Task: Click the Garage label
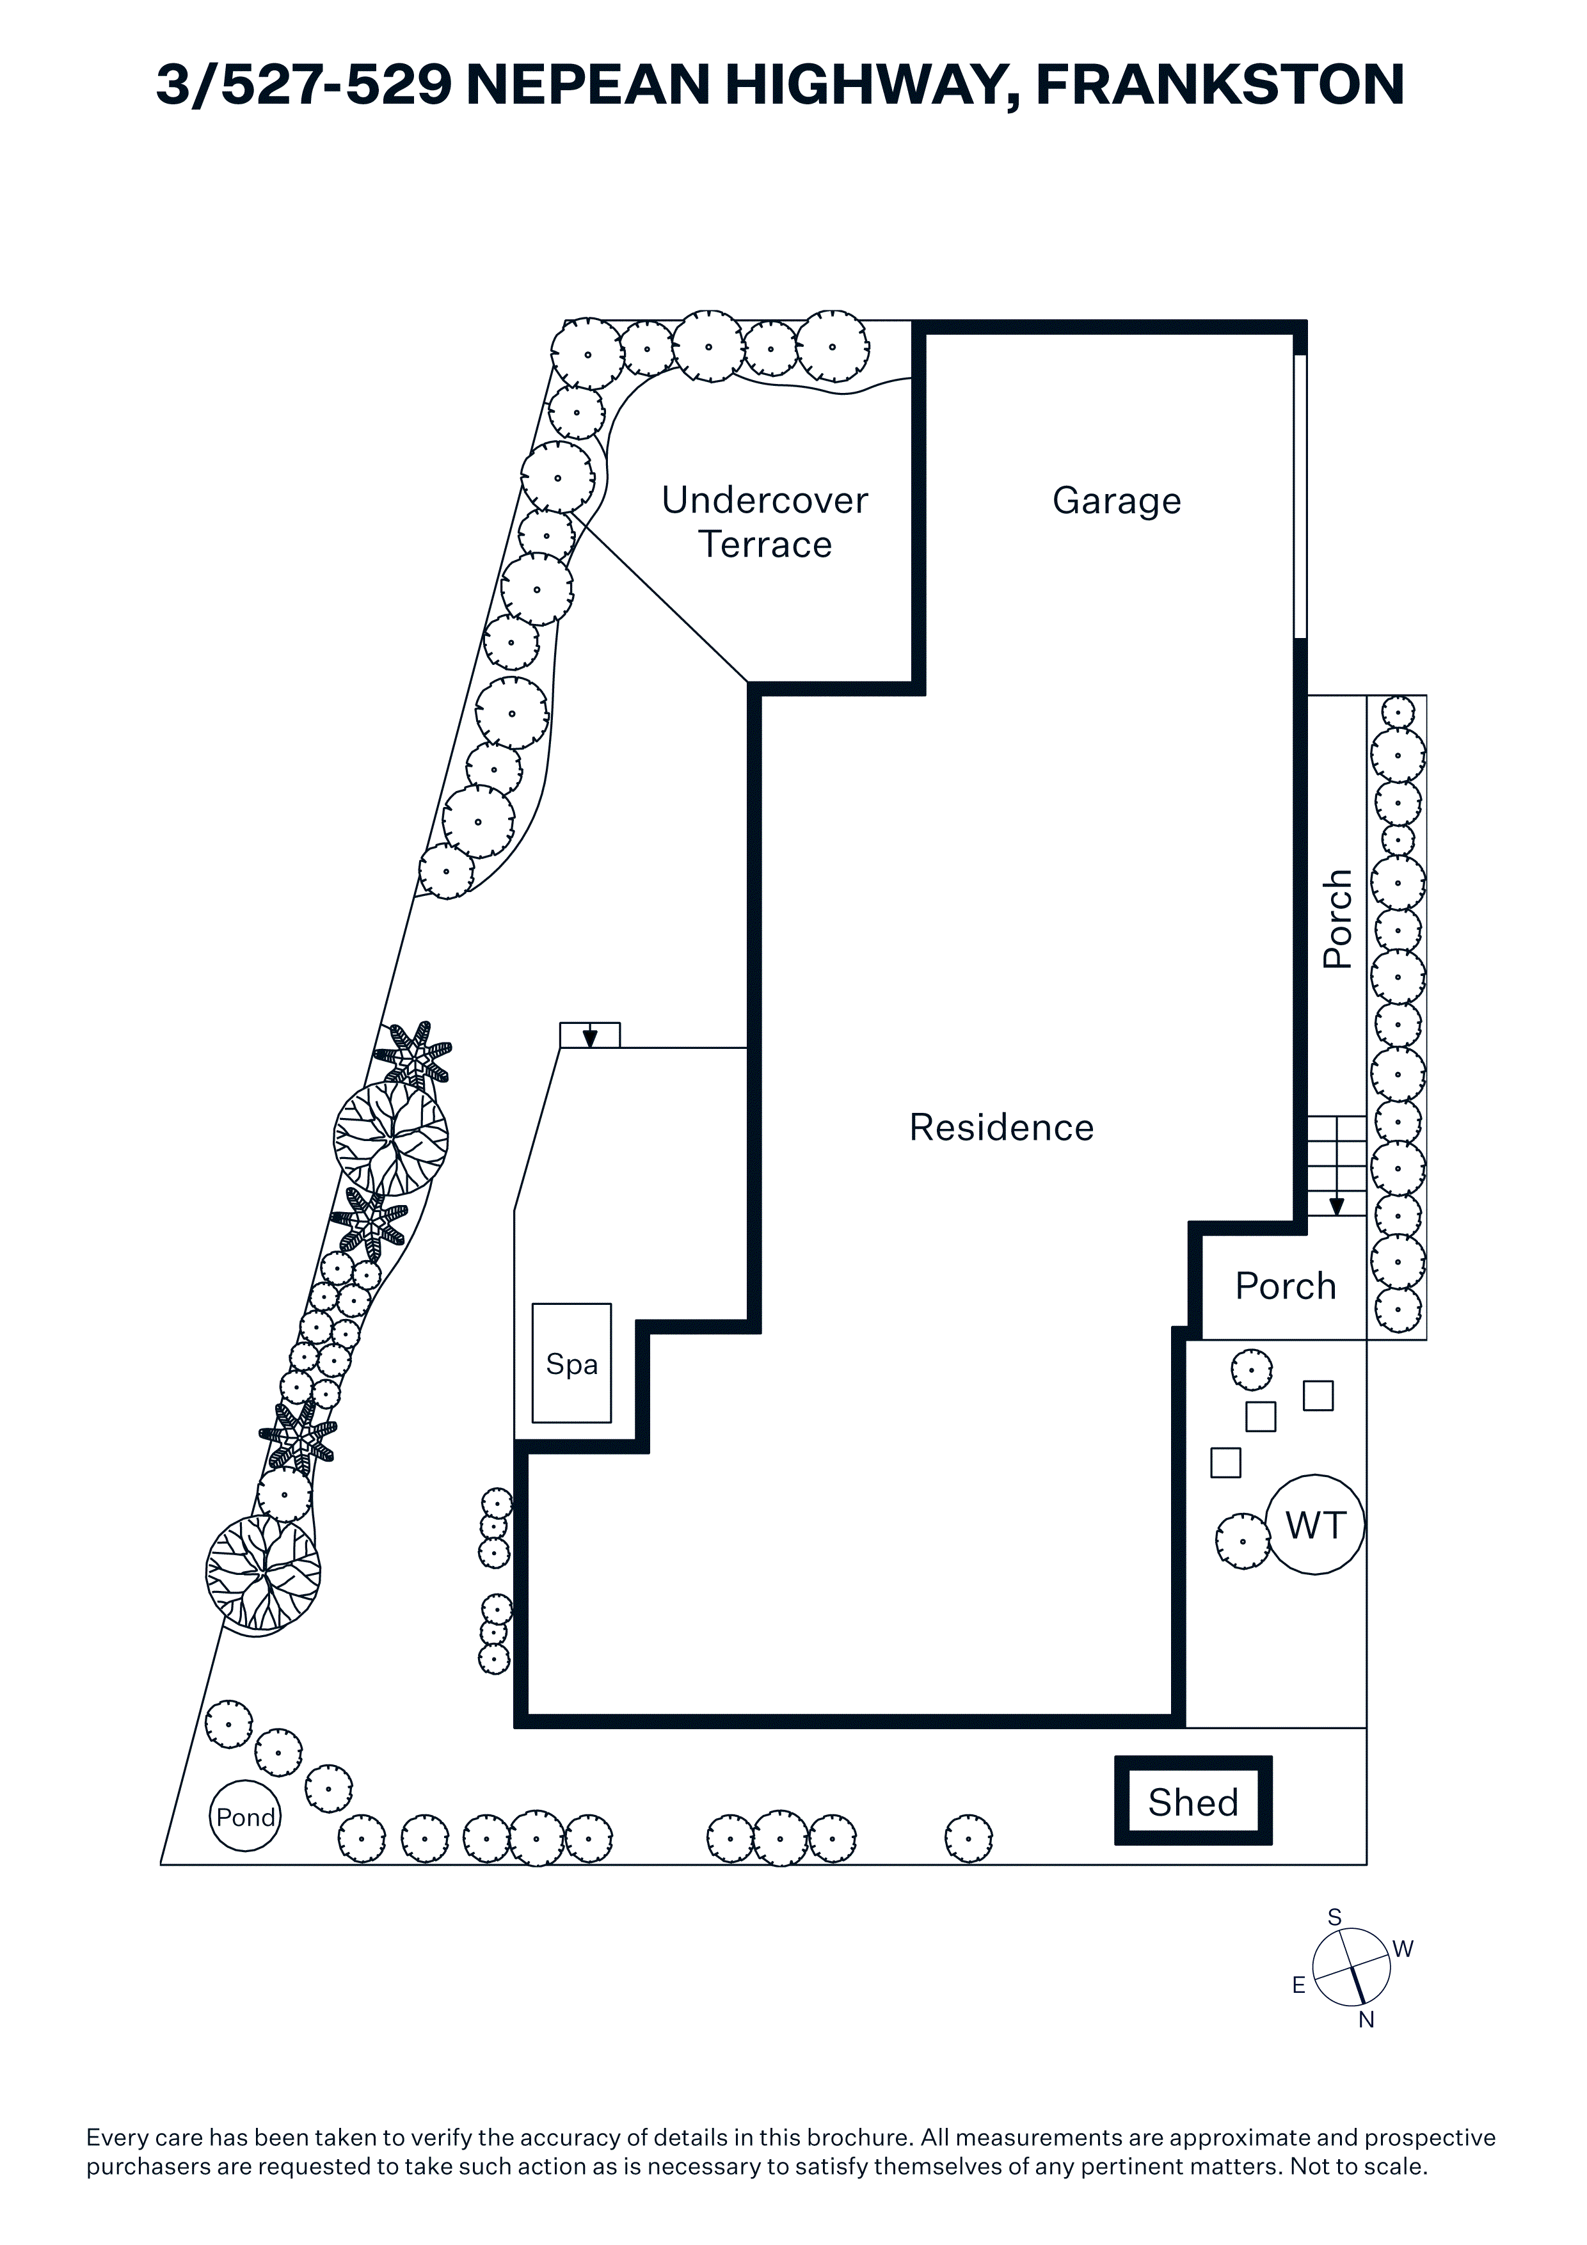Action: pos(1117,500)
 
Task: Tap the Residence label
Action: pos(1001,1128)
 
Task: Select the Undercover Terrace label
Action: pos(765,522)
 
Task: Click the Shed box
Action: pos(1193,1801)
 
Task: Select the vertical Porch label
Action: pos(1337,918)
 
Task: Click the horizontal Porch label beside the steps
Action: pos(1285,1286)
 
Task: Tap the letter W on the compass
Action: pos(1403,1949)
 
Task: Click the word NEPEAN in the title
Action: pos(587,85)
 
